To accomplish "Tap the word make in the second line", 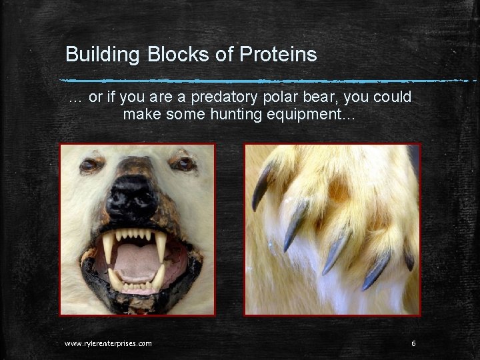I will (139, 114).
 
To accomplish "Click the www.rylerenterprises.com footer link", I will (108, 343).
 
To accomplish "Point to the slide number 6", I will (414, 343).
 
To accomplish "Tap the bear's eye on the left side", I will (89, 165).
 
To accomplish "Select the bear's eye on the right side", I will (182, 163).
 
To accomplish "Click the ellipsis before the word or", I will (75, 98).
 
